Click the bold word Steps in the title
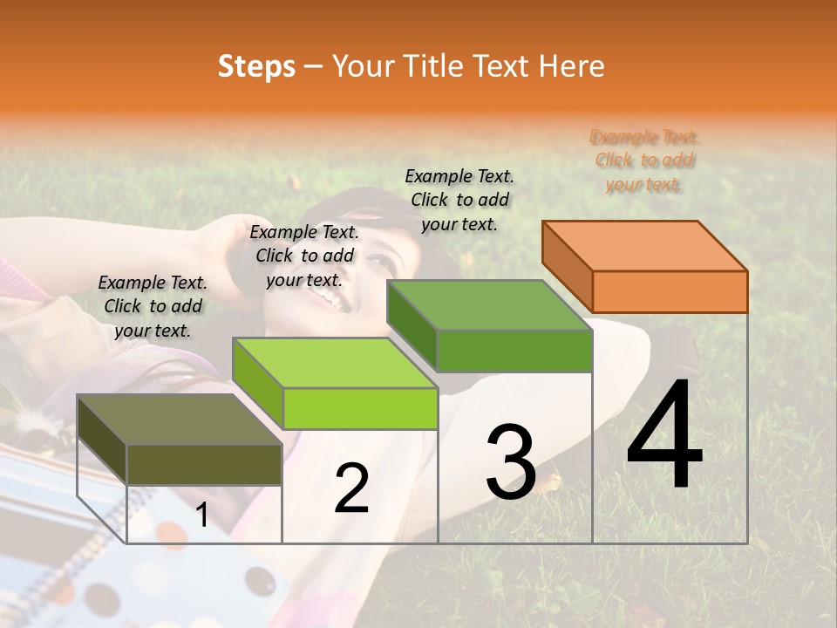click(256, 66)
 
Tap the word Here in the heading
click(571, 66)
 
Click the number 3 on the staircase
click(511, 462)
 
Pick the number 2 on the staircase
click(351, 489)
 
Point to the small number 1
click(202, 515)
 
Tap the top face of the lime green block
click(335, 363)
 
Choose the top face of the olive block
click(180, 420)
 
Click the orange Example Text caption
click(645, 160)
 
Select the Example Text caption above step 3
click(459, 200)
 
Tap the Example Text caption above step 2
click(304, 256)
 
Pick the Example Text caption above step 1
click(153, 306)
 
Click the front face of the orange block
click(670, 291)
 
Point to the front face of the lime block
click(360, 408)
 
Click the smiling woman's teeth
click(332, 299)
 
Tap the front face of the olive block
click(204, 464)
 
